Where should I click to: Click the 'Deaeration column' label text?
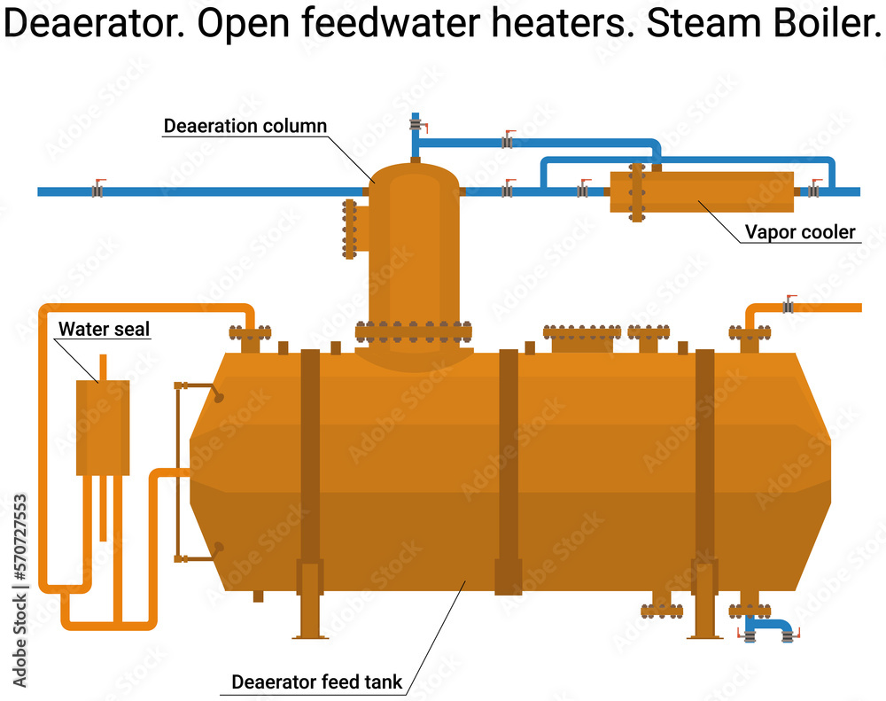[245, 126]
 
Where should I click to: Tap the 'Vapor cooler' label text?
[800, 232]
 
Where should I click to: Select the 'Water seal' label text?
[104, 330]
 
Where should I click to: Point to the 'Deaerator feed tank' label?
[316, 682]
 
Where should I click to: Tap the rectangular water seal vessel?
[103, 427]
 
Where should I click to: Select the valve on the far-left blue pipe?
[97, 191]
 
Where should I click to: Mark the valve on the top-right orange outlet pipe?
[788, 307]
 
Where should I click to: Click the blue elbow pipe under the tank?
[768, 627]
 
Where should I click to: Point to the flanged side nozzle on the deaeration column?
[350, 230]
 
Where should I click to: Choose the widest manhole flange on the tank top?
[581, 333]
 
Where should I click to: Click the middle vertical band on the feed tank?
[508, 470]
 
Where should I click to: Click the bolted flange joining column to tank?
[414, 333]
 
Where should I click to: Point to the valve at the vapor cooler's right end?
[813, 191]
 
